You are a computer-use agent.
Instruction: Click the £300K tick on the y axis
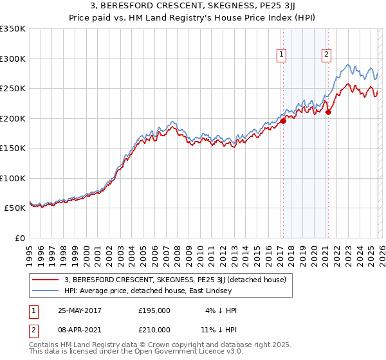[13, 59]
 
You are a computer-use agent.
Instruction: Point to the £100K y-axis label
[13, 178]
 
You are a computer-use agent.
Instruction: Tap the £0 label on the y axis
[19, 238]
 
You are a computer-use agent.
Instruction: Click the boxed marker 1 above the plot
[282, 55]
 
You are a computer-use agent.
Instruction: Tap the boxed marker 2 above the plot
[327, 55]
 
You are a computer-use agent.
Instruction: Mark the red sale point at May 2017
[283, 120]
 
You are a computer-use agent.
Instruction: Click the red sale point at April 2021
[328, 112]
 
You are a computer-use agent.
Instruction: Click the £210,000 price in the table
[154, 329]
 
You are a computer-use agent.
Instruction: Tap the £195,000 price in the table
[154, 310]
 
